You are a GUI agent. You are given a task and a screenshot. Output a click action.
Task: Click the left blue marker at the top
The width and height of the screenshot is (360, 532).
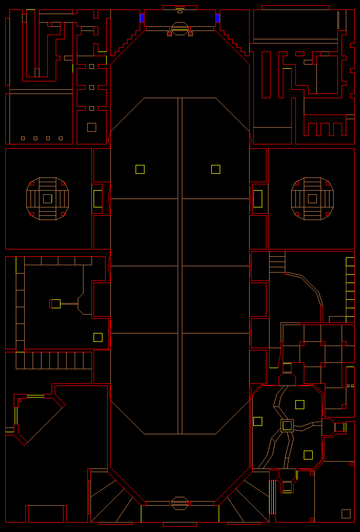142,18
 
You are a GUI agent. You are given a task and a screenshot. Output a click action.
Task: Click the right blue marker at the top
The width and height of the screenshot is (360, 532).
218,18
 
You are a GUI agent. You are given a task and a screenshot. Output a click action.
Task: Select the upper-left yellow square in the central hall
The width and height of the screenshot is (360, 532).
140,169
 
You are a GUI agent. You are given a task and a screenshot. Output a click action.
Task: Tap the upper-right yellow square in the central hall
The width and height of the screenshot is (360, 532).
215,169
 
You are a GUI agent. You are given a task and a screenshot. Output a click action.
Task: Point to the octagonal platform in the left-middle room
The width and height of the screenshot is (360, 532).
47,199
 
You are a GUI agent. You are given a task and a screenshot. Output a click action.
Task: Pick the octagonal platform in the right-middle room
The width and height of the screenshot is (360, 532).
312,199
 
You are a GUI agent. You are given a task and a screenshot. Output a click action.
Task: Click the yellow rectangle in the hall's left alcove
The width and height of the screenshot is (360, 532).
98,199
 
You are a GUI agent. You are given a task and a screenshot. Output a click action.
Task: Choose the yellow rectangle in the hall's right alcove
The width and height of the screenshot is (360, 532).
258,199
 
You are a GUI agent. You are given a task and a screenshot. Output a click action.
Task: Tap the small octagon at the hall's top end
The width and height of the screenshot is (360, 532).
180,27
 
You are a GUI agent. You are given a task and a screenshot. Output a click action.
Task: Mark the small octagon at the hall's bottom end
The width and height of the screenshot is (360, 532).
180,503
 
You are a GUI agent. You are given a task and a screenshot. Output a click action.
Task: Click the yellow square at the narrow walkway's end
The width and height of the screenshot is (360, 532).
56,304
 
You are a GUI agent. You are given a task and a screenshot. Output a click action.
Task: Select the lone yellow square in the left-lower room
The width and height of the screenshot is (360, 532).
98,337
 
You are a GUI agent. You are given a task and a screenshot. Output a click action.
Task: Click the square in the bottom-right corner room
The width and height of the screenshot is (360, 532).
346,514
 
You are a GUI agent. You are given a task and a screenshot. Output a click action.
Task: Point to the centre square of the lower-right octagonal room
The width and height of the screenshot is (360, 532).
287,425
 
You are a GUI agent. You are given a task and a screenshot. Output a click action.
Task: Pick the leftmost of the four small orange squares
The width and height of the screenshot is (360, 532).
23,138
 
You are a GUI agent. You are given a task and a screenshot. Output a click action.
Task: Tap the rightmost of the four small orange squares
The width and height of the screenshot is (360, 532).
60,138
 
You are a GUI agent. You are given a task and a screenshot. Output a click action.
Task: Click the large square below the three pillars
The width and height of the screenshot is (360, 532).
91,127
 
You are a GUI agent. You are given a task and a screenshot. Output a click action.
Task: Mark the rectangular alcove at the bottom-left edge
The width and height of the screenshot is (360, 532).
46,514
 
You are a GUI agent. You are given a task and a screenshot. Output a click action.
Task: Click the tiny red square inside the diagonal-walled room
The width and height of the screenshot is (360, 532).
20,400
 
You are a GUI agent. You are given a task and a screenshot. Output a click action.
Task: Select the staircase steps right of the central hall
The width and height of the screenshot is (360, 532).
277,262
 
